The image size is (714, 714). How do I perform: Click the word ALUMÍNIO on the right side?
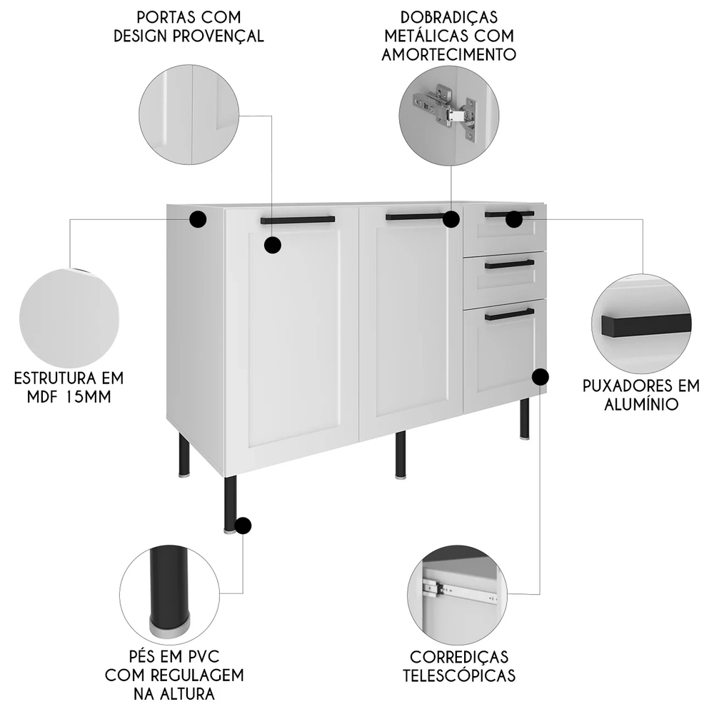[630, 405]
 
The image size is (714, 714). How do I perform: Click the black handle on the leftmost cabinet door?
[297, 220]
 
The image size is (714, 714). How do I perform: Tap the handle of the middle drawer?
[509, 265]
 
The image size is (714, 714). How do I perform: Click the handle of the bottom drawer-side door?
[509, 314]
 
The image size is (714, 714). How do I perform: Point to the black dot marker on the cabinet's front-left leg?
[243, 526]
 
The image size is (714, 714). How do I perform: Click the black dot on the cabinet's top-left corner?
[198, 219]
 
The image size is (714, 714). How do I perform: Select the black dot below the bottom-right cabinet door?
[540, 376]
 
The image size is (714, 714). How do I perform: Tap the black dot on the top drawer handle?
[514, 219]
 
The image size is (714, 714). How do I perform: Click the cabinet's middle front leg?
[401, 454]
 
